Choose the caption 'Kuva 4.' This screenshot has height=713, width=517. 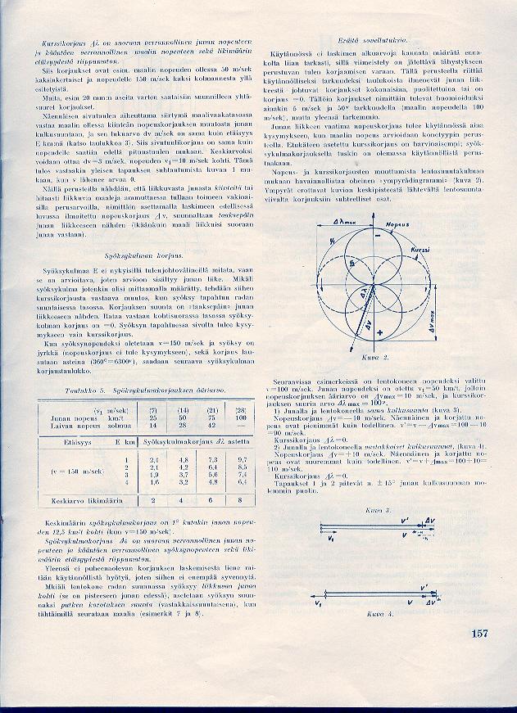379,612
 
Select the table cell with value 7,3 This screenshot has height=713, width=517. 213,461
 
